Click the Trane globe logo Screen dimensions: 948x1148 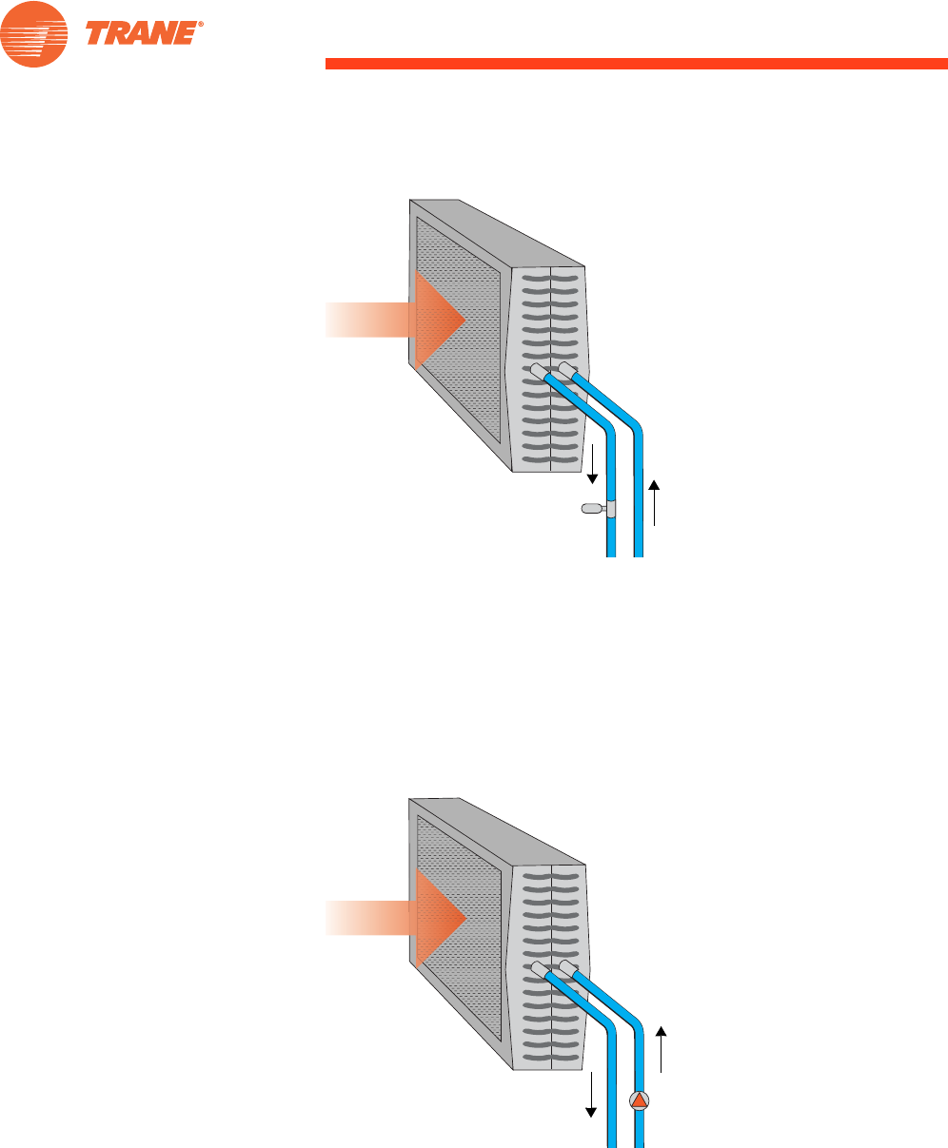(34, 34)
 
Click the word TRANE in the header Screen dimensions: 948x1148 (141, 33)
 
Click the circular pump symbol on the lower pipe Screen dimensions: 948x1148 (640, 1100)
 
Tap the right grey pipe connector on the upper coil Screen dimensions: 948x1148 (566, 368)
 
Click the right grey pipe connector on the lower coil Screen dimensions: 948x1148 (566, 967)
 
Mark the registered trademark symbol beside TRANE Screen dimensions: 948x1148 (201, 25)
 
